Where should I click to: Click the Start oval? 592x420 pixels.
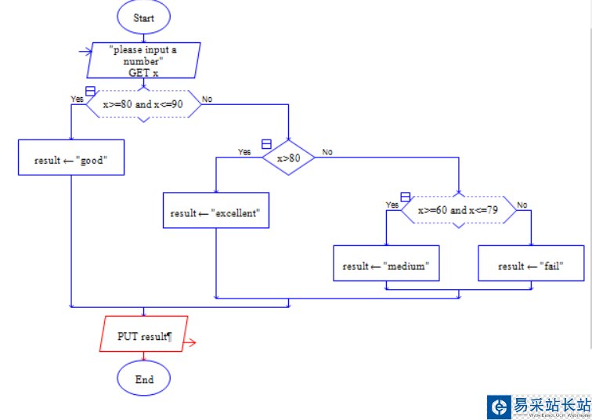(x=144, y=17)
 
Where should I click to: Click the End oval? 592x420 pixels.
(x=144, y=379)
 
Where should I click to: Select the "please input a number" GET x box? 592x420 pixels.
(x=144, y=60)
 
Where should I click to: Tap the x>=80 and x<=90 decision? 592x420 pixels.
(x=143, y=104)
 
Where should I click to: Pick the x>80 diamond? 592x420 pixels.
(x=288, y=157)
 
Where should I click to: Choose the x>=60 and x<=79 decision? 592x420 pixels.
(x=458, y=210)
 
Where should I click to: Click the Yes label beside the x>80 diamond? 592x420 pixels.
(x=244, y=152)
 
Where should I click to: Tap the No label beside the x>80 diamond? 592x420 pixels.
(x=327, y=152)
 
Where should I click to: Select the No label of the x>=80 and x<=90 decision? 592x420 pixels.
(x=207, y=99)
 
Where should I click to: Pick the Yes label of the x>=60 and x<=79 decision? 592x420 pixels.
(x=392, y=205)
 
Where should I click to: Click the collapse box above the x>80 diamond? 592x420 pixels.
(x=266, y=144)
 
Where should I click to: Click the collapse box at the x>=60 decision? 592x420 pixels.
(x=405, y=196)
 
